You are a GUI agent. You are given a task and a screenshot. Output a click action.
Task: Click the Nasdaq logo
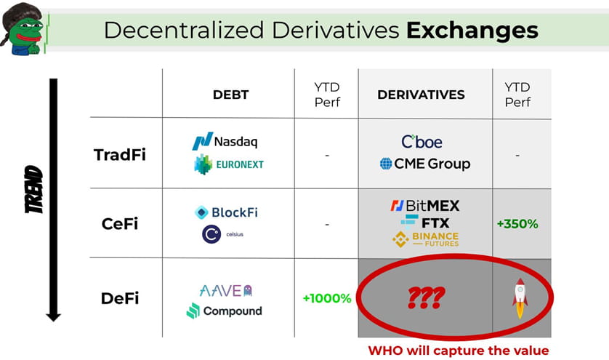[225, 141]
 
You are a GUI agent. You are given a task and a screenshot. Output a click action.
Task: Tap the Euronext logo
[228, 164]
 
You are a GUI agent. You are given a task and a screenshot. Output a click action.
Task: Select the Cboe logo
[422, 142]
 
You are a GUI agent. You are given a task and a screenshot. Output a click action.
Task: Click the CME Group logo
[425, 164]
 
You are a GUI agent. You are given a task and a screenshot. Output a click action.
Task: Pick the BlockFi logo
[226, 212]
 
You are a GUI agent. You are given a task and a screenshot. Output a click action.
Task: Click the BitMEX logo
[424, 205]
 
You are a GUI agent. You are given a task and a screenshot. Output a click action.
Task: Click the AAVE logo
[225, 290]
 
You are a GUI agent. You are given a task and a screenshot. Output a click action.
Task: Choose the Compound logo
[224, 311]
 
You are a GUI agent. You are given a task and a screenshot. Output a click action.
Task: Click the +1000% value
[326, 298]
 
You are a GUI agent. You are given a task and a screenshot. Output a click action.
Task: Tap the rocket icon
[520, 298]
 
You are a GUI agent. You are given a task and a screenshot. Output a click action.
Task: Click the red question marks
[424, 297]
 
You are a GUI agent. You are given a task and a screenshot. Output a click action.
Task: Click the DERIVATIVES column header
[421, 95]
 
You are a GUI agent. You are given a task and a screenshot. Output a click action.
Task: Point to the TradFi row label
[120, 155]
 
